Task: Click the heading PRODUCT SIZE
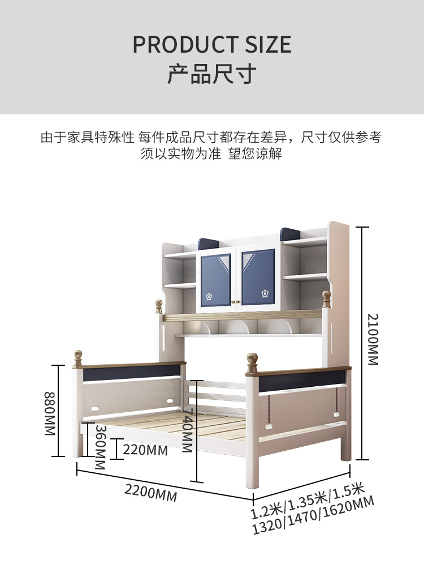pos(212,45)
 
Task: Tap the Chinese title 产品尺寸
pos(212,74)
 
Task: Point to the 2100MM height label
pos(373,339)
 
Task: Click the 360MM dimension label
pos(100,447)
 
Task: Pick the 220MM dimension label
pos(146,450)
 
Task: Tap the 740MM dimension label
pos(187,430)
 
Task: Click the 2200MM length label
pos(151,493)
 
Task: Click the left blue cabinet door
pos(216,277)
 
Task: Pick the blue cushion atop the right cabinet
pos(290,233)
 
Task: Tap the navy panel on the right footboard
pos(302,378)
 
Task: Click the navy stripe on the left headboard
pos(130,370)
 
